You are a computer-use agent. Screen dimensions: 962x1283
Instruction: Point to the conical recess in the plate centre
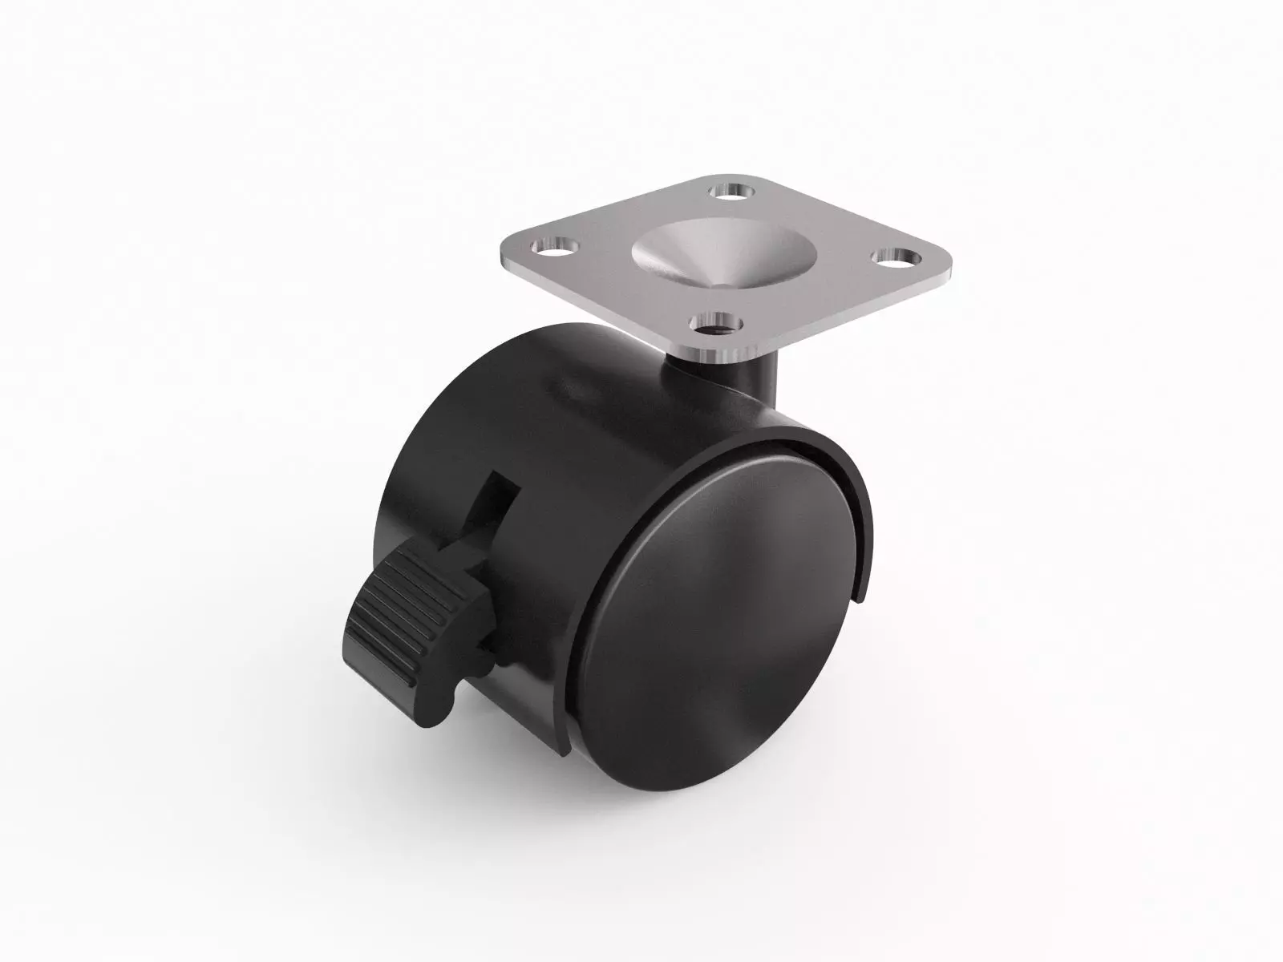coord(682,253)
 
